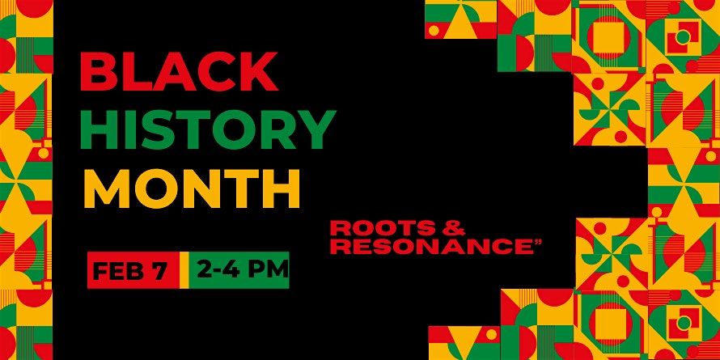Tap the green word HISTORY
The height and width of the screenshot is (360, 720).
tap(209, 129)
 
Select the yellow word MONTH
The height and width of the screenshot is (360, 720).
tap(192, 188)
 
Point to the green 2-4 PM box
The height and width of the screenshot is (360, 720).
tap(240, 270)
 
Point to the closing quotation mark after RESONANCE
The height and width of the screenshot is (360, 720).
tap(536, 241)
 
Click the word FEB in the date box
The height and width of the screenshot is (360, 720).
tap(120, 270)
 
